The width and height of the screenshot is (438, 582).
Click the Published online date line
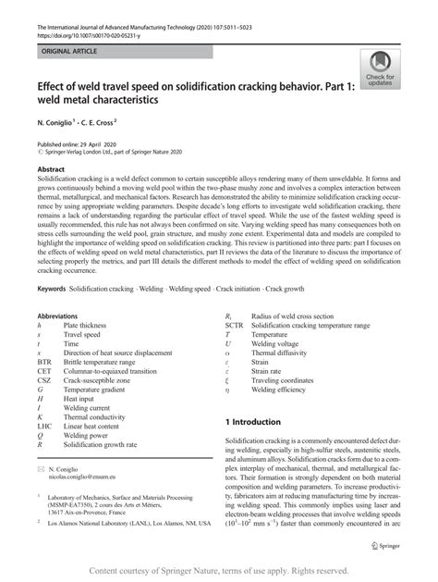79,146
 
